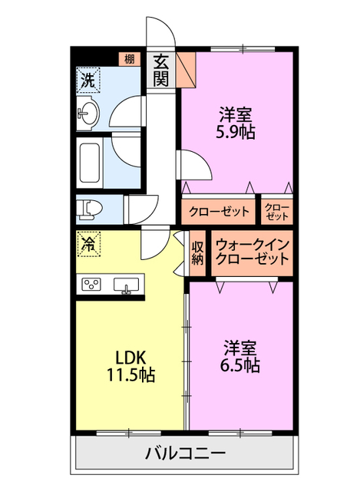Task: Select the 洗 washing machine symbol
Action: (x=87, y=79)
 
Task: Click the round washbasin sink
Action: (x=87, y=114)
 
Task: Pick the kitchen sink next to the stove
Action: (x=126, y=285)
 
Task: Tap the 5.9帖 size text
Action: (x=236, y=131)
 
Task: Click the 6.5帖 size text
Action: (x=240, y=364)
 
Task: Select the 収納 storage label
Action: (x=197, y=252)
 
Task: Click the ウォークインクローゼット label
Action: (x=253, y=252)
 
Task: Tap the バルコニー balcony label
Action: (x=185, y=453)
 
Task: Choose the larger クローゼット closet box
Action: (x=220, y=211)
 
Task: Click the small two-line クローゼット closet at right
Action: (x=277, y=211)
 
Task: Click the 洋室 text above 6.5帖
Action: (x=240, y=345)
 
